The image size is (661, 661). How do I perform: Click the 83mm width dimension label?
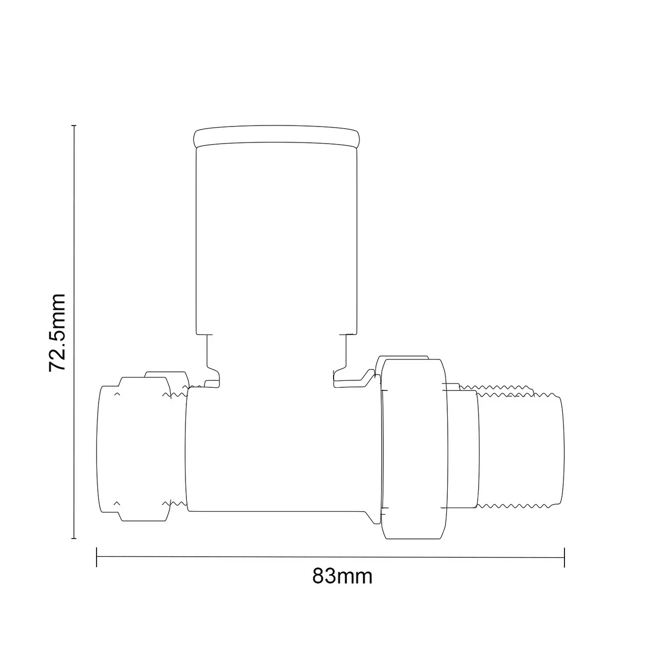342,576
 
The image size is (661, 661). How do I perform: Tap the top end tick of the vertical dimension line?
74,125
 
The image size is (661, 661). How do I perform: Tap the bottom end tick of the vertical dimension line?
74,539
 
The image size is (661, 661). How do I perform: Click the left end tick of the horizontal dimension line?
97,557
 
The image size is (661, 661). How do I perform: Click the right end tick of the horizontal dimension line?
564,557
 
